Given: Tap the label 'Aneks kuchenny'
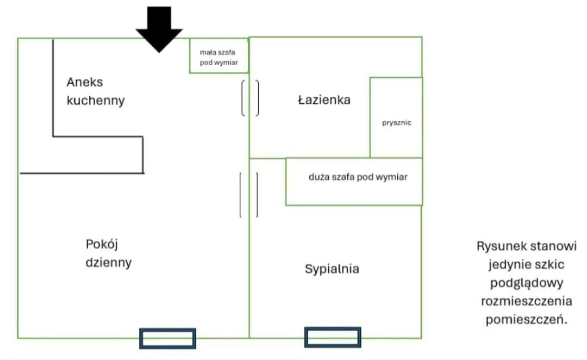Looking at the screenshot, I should click(x=95, y=91).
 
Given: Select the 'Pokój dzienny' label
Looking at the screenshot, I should click(x=109, y=253).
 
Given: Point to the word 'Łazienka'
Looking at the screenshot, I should click(x=324, y=100).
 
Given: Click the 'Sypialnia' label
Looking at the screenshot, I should click(x=332, y=269).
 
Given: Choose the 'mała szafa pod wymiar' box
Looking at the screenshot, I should click(x=219, y=56).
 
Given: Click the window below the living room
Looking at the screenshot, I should click(x=167, y=338).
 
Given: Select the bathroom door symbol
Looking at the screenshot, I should click(x=250, y=98).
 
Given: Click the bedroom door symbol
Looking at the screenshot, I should click(x=249, y=195).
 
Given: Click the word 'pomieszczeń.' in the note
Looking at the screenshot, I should click(x=526, y=320).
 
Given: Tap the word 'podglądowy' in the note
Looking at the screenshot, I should click(x=526, y=283).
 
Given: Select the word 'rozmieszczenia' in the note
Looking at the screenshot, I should click(x=526, y=301).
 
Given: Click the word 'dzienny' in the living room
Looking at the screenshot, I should click(x=109, y=262).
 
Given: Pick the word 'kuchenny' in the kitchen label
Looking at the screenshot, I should click(x=96, y=101).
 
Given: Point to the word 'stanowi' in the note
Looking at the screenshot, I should click(x=553, y=246).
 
